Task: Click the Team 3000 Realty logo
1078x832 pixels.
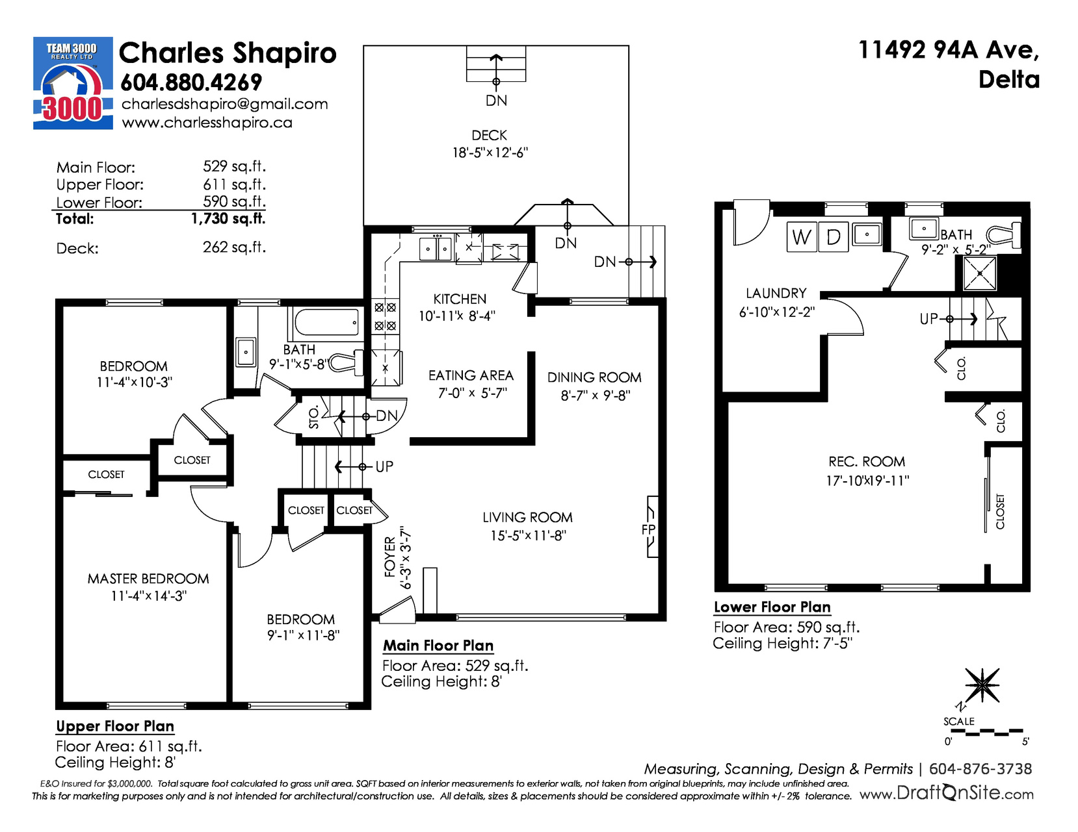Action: (73, 82)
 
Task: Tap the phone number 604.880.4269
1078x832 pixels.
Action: (191, 82)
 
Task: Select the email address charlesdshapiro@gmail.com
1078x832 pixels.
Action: (225, 104)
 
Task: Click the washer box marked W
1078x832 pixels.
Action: (802, 237)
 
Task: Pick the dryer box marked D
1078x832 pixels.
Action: (834, 237)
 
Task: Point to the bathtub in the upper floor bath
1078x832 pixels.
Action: (326, 323)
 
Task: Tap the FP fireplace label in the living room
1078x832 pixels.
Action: (648, 529)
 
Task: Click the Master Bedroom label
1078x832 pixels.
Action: (148, 579)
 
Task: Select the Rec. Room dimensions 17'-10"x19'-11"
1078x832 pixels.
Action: (867, 481)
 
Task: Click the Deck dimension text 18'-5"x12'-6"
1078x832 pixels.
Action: (490, 153)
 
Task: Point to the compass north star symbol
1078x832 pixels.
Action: (982, 685)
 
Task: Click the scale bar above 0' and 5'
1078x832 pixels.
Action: (983, 731)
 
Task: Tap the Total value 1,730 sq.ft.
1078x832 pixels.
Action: (229, 218)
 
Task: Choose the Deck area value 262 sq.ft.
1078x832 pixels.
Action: (234, 247)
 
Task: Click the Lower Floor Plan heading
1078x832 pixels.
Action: (772, 607)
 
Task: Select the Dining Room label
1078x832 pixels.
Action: (594, 377)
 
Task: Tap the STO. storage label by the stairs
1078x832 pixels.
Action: (313, 417)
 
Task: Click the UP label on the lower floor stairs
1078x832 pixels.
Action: (928, 319)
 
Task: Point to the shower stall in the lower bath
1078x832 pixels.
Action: (979, 273)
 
